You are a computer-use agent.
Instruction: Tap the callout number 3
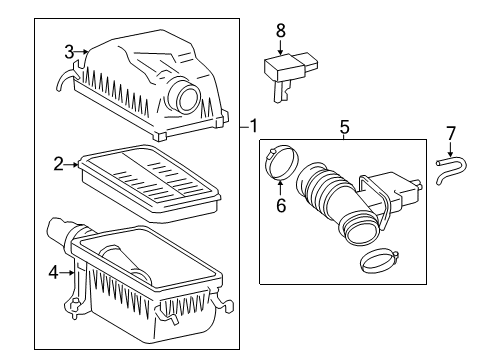[x=69, y=51]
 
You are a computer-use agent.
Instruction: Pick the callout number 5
[x=344, y=127]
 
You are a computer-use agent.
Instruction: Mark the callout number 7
[x=450, y=133]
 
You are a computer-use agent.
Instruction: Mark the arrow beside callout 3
[x=83, y=51]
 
